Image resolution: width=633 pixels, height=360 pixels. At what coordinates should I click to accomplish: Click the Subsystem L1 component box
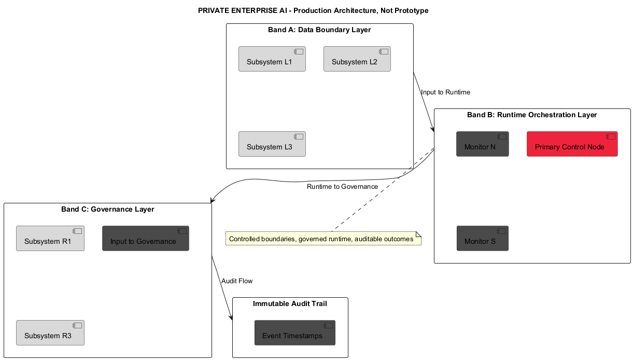coord(272,59)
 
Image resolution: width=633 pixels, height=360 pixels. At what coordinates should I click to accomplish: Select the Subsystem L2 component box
coord(357,59)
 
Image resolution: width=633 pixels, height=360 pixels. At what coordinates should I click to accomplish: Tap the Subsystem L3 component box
coord(272,144)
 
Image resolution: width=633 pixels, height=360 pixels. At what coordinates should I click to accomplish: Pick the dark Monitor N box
coord(482,144)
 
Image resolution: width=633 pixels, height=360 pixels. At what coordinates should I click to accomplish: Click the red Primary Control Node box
coord(572,144)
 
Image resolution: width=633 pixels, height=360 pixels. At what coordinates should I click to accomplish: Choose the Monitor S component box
coord(482,239)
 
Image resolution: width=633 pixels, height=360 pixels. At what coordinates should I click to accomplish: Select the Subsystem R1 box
coord(50,239)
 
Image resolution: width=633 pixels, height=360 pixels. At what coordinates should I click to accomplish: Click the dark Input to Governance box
coord(145,239)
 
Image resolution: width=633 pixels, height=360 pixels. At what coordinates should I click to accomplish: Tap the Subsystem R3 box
coord(50,333)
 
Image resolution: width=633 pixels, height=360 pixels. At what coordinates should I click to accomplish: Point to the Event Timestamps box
coord(294,333)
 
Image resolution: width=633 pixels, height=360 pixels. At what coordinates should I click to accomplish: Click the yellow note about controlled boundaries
coord(323,239)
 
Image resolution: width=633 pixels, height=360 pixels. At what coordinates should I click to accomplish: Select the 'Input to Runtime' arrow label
coord(445,92)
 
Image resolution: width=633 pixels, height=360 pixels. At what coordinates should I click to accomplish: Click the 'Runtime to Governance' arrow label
coord(342,187)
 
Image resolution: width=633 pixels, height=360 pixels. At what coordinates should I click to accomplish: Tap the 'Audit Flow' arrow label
coord(237,281)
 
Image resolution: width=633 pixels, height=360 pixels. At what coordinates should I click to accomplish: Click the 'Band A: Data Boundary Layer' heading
coord(319,30)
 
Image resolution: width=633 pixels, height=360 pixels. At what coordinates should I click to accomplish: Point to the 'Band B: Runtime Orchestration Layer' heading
coord(532,115)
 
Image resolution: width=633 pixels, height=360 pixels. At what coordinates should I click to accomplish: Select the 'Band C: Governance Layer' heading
coord(107,210)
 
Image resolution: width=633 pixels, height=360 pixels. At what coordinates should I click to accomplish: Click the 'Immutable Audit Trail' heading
coord(290,303)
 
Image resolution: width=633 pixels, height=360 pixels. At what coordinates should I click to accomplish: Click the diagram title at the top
coord(313,11)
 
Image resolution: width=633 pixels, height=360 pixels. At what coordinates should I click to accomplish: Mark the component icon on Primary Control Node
coord(611,137)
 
